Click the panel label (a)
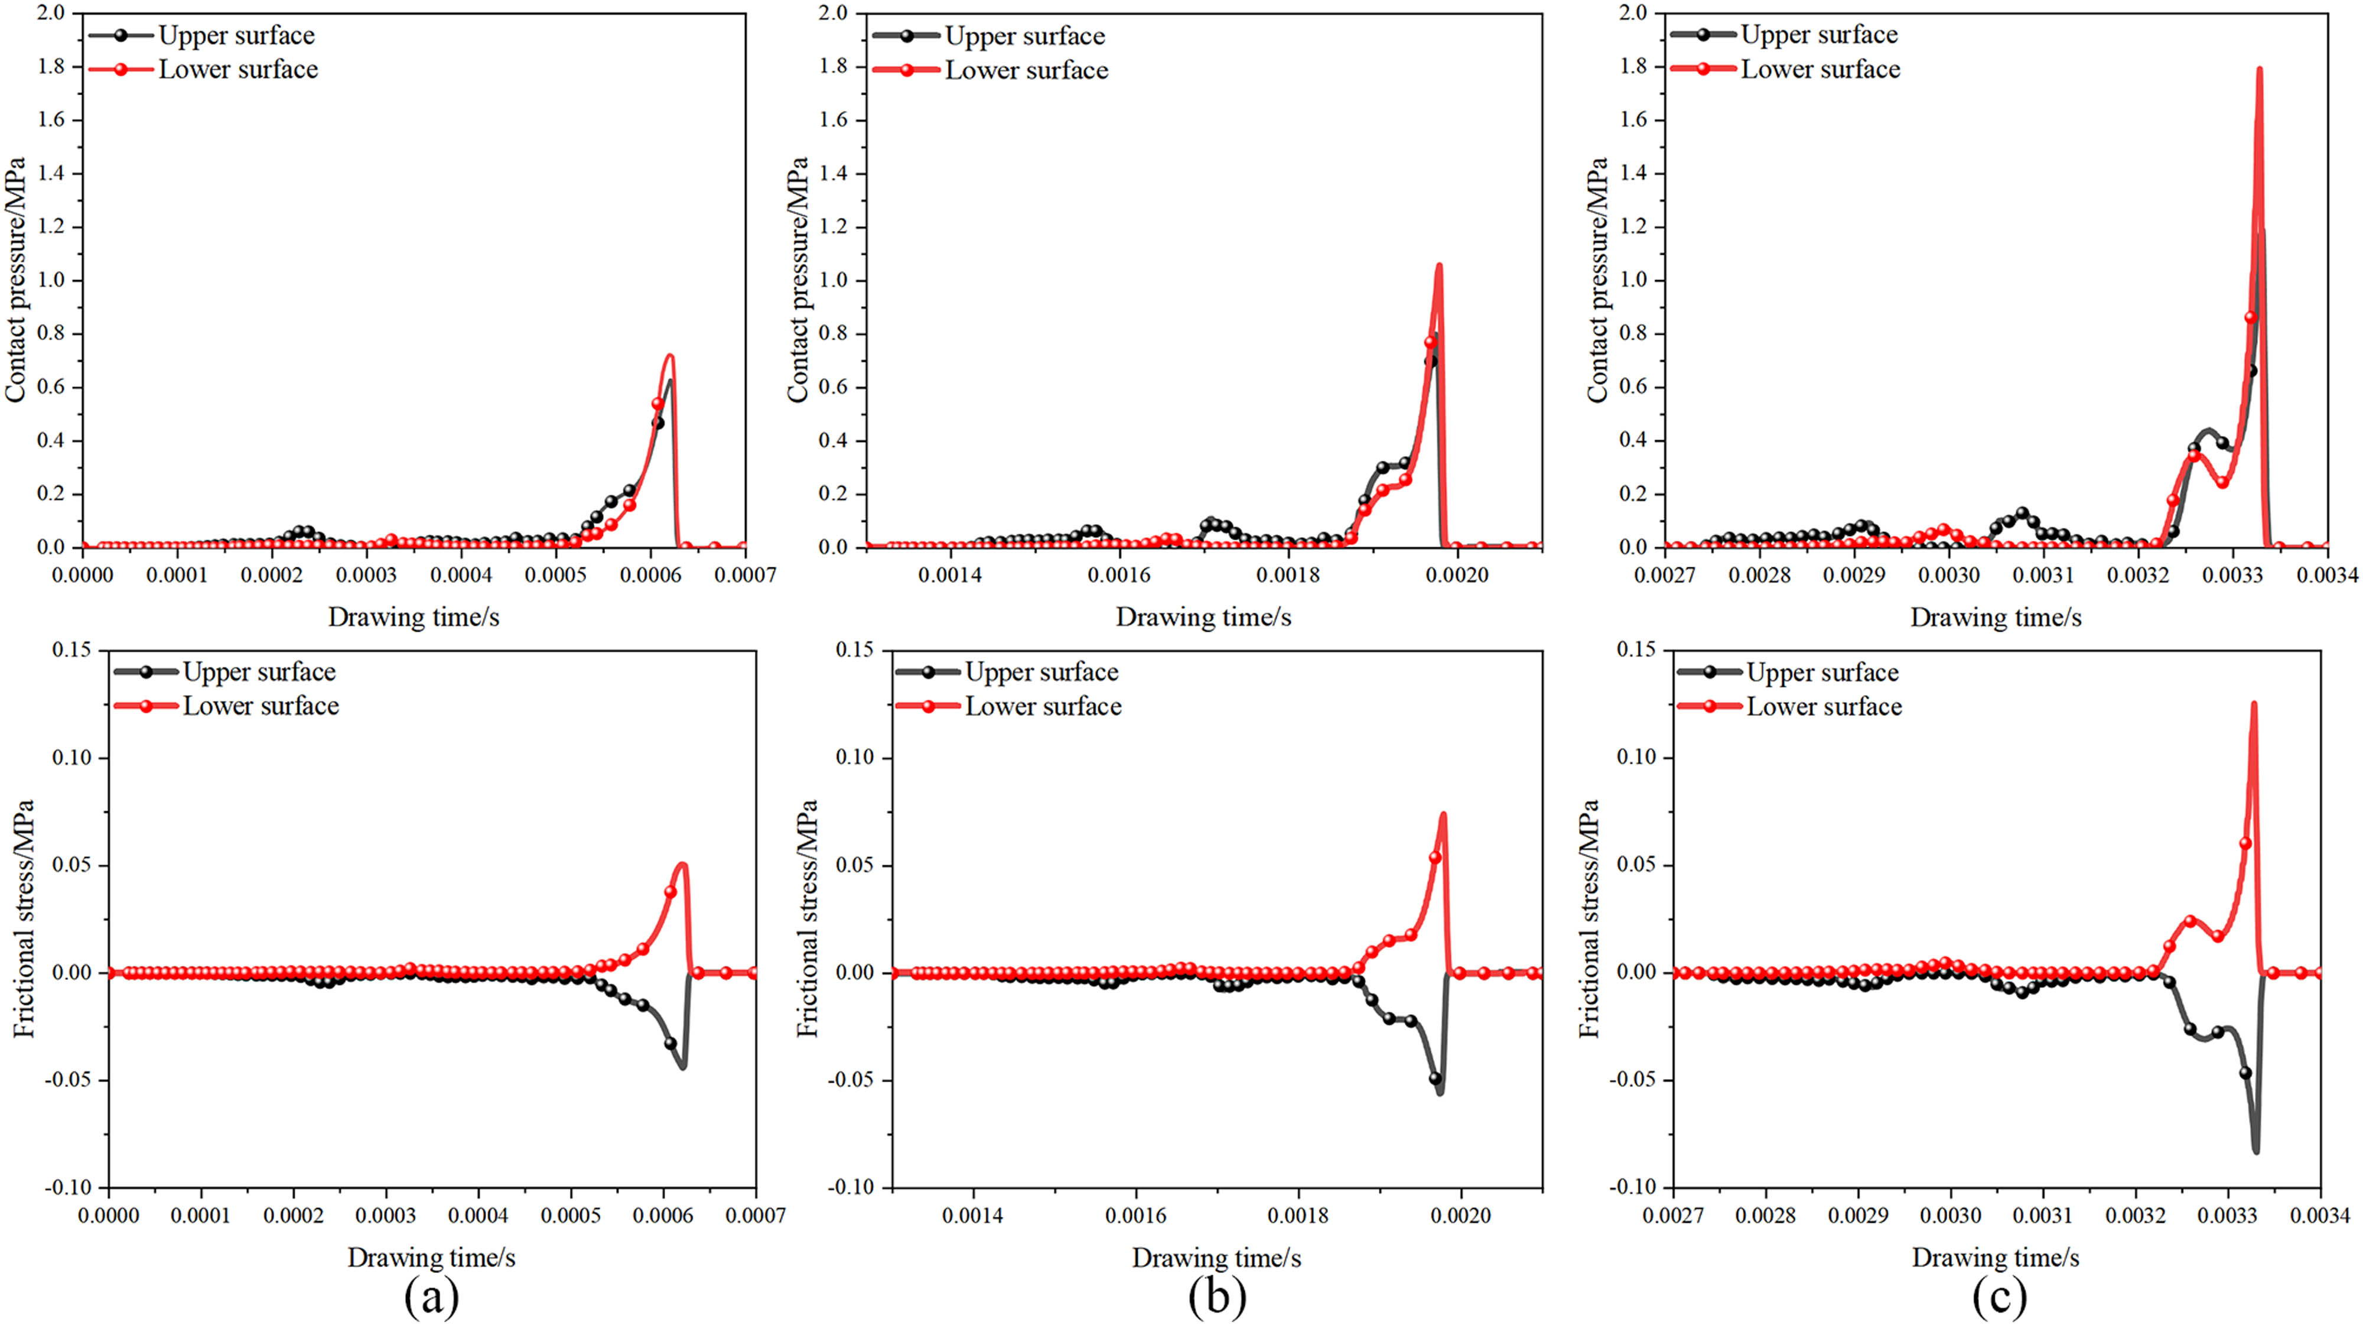click(x=431, y=1297)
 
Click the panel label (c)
click(x=1999, y=1297)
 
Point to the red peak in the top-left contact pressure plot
click(x=670, y=356)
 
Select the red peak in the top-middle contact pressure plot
click(x=1438, y=266)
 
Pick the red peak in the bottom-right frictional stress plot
click(x=2253, y=704)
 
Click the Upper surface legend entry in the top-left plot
click(x=236, y=36)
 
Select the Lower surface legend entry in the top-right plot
click(x=1820, y=70)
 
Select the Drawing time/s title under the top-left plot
click(x=414, y=618)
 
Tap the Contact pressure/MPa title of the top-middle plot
click(x=798, y=280)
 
